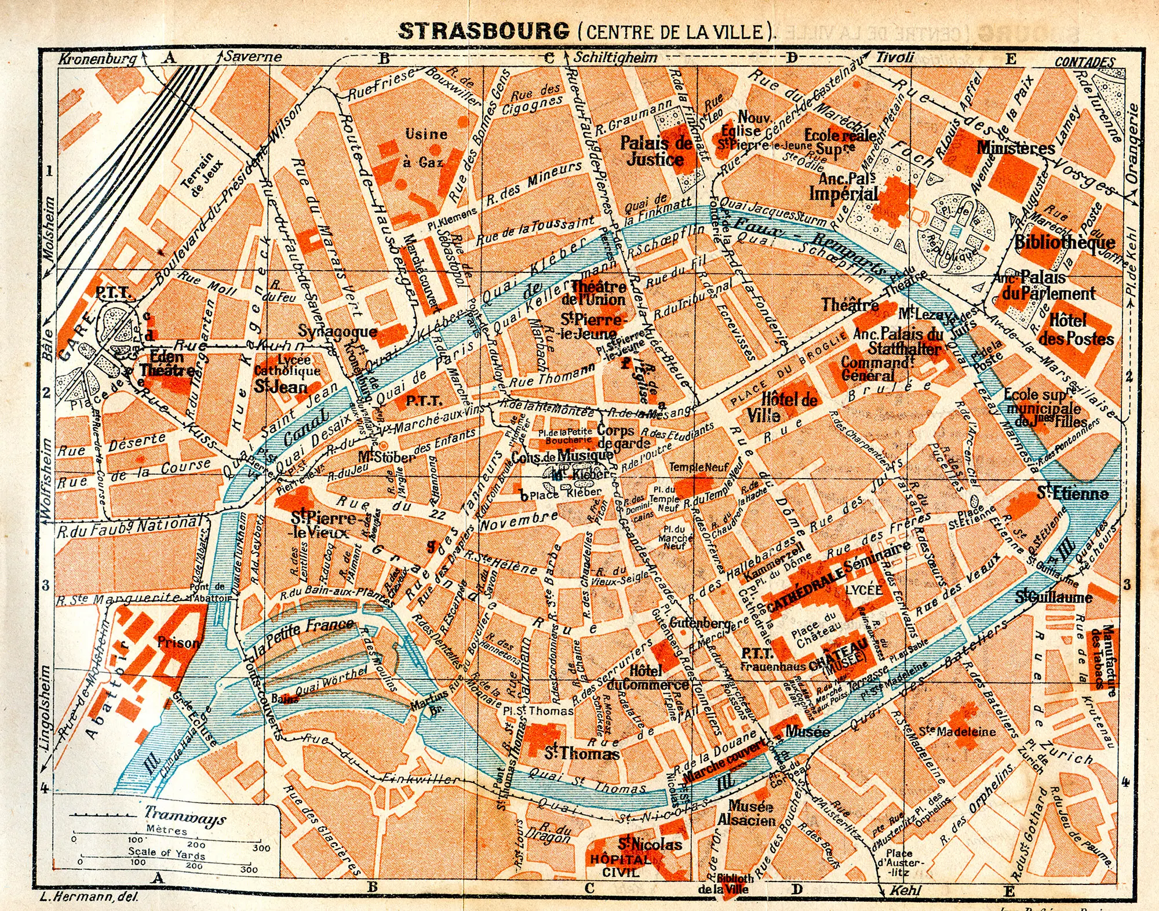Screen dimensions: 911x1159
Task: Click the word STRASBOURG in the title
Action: click(484, 31)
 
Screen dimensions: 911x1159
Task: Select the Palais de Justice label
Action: click(656, 151)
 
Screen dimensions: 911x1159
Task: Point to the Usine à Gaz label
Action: click(426, 148)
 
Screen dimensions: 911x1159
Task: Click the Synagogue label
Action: click(337, 331)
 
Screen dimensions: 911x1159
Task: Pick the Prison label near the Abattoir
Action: click(178, 643)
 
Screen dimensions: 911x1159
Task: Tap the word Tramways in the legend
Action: click(185, 816)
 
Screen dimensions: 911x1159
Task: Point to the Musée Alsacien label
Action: click(748, 812)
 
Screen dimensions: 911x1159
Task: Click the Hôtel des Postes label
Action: click(1076, 329)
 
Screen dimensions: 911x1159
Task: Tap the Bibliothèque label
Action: click(1065, 242)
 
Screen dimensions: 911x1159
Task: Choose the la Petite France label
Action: click(304, 636)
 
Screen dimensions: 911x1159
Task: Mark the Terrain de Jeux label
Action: click(202, 172)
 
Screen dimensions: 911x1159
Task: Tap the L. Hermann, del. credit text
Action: click(89, 897)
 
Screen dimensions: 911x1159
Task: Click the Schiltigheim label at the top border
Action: click(615, 57)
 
